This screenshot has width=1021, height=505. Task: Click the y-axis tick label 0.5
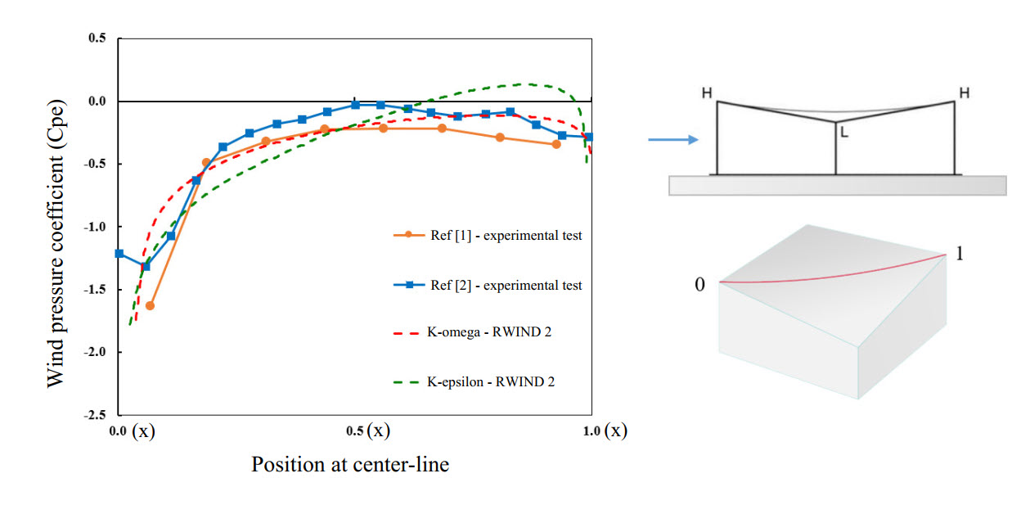[97, 38]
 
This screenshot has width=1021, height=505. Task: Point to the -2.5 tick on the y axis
[94, 415]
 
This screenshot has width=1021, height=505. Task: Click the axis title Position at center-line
[350, 465]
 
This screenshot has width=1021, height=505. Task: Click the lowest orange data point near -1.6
[150, 305]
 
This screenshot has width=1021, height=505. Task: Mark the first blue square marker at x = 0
[119, 254]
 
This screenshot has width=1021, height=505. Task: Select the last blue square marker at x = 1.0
[588, 137]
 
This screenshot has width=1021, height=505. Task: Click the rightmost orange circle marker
[556, 144]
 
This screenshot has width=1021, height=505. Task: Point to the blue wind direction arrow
[673, 140]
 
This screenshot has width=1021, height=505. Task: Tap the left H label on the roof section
[706, 93]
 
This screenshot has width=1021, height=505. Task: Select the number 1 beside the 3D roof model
[959, 254]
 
